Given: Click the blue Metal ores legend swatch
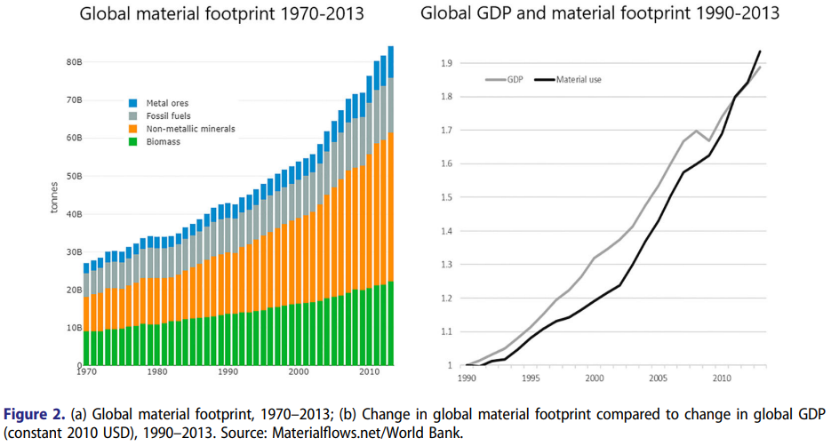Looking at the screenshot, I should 133,103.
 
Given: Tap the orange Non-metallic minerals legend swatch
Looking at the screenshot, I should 133,129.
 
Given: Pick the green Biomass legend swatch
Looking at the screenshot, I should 133,141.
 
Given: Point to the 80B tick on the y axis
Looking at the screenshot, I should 74,62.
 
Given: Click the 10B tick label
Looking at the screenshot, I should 74,328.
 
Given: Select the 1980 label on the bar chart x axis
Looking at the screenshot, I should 156,372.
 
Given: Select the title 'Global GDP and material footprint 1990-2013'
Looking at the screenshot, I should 600,14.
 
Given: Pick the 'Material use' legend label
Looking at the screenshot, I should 579,79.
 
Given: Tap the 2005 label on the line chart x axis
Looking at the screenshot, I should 659,378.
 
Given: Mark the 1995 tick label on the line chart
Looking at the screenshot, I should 531,378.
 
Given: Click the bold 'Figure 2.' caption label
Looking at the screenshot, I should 34,414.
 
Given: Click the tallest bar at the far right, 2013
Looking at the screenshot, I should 390,204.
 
